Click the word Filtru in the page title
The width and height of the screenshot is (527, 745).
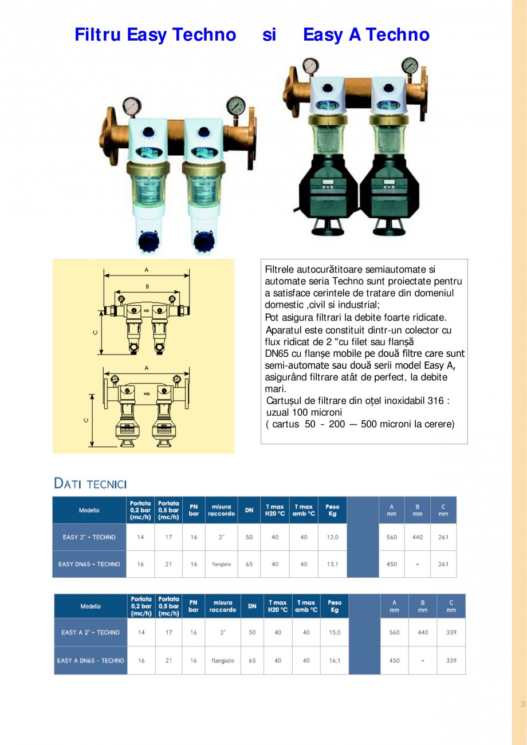coord(97,35)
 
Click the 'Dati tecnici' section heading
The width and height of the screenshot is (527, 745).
coord(90,483)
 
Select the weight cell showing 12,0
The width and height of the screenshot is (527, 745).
coord(332,537)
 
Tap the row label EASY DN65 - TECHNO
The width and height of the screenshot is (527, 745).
coord(89,564)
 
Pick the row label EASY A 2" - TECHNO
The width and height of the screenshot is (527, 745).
coord(91,633)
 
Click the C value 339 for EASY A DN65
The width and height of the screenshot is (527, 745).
coord(451,660)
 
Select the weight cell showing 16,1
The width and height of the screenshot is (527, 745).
coord(335,660)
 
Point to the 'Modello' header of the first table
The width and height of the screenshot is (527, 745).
coord(89,510)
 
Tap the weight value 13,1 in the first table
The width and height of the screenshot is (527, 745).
coord(332,564)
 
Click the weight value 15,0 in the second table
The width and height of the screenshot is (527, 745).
coord(335,633)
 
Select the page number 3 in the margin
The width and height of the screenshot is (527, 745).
coord(522,704)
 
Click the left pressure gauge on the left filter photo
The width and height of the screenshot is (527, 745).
coord(131,107)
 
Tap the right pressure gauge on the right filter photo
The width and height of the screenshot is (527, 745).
coord(410,64)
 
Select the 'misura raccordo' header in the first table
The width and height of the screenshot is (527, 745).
coord(221,510)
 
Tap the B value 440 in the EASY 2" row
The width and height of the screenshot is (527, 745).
coord(418,537)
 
